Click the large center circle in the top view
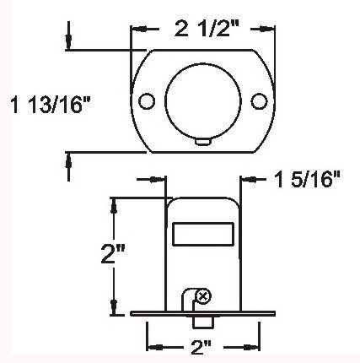[x=202, y=100]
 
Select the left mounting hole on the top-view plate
[x=148, y=101]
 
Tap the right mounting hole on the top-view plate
[x=258, y=101]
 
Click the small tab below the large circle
[x=202, y=141]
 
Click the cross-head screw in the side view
[x=202, y=295]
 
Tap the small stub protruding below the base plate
[x=202, y=322]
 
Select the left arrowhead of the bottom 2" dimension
[x=153, y=347]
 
